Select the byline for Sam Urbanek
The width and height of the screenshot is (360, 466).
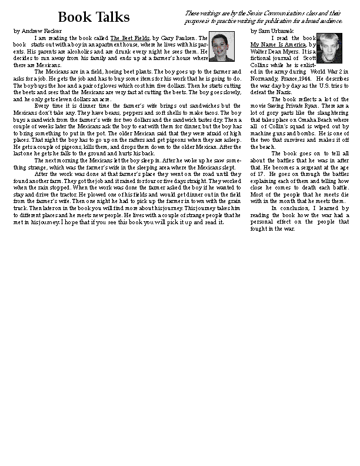point(271,31)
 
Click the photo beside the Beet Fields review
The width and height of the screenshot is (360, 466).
point(222,46)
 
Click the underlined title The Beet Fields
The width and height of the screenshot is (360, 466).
point(130,38)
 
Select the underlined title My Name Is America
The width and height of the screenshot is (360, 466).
point(278,45)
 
